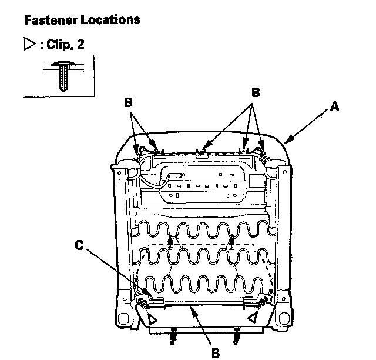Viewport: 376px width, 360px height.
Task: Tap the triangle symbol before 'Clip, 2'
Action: point(29,45)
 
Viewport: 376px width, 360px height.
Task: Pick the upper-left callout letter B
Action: point(128,102)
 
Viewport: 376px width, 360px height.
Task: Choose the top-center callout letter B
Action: point(255,92)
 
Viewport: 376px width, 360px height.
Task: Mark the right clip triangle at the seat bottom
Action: point(253,318)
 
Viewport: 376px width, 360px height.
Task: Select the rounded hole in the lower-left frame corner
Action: point(123,318)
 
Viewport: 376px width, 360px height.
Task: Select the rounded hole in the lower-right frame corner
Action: point(287,318)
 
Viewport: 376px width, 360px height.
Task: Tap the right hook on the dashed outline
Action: point(231,241)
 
